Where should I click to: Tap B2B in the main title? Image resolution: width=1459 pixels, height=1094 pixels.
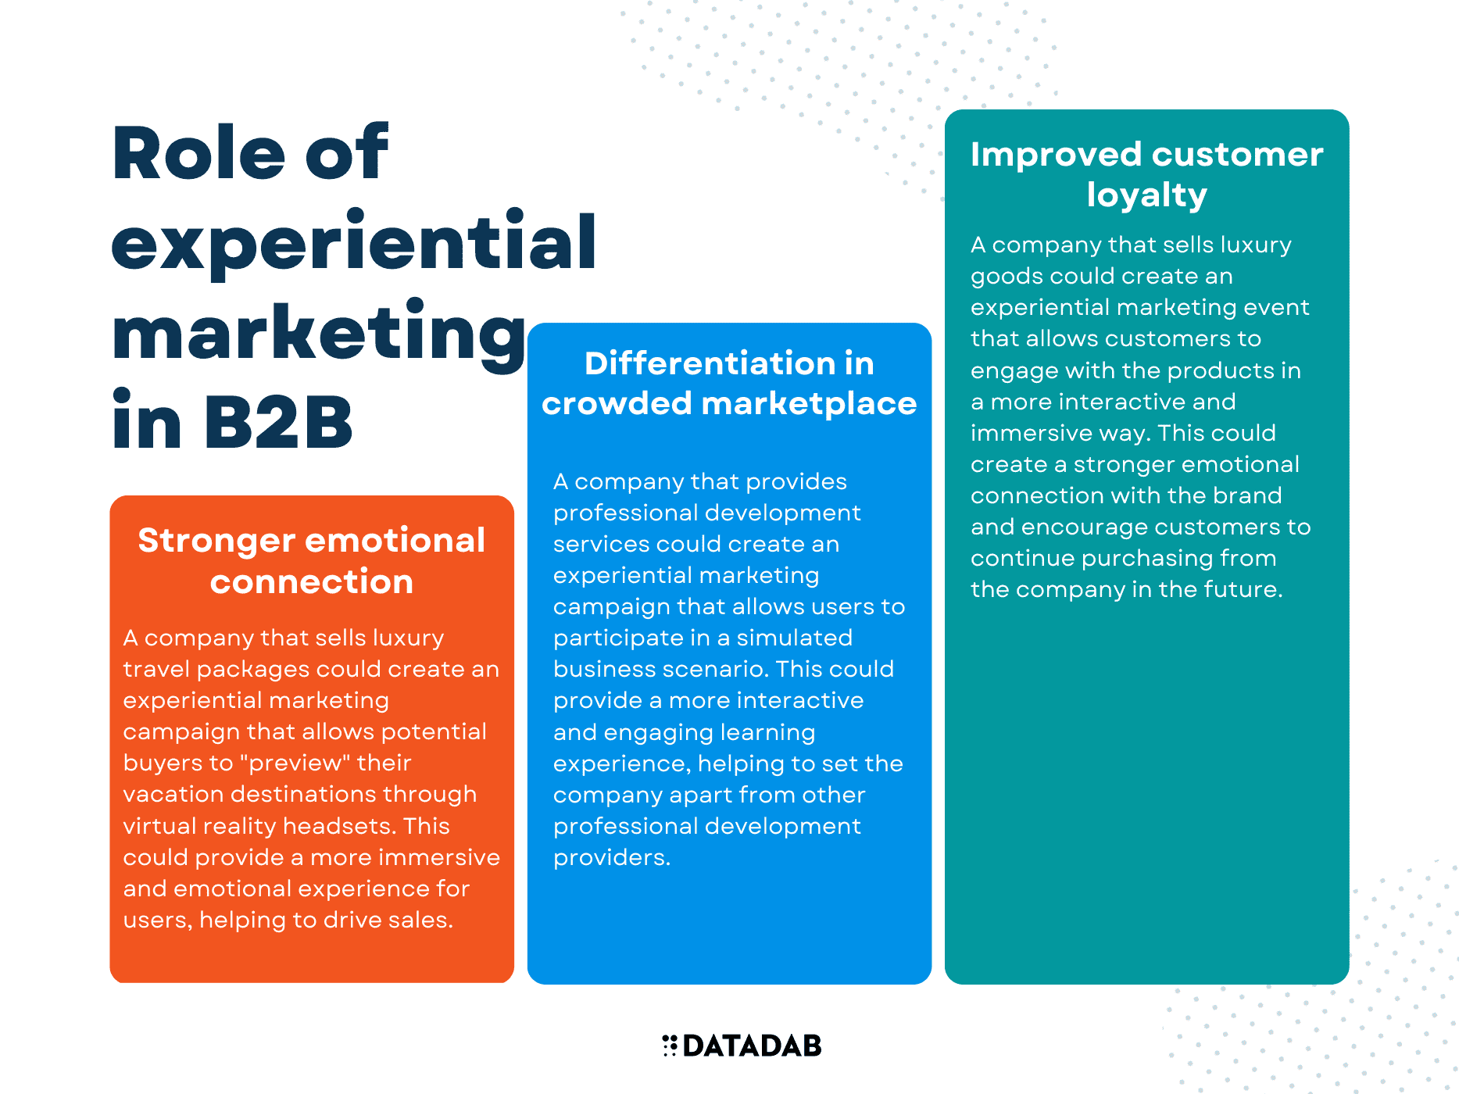point(279,422)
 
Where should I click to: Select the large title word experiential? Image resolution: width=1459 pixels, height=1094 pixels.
point(354,243)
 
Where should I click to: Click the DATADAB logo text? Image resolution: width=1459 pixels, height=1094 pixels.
point(752,1046)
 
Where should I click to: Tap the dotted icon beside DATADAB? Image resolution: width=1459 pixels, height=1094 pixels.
point(670,1046)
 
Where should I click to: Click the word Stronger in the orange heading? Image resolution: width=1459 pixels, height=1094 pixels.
point(217,541)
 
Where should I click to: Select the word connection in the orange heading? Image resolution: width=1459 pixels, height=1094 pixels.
point(312,582)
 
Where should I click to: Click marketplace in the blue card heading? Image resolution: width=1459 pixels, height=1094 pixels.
point(809,405)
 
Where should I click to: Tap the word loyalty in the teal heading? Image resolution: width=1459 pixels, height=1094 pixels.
point(1146,195)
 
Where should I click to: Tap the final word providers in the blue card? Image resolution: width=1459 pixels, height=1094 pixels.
point(612,859)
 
